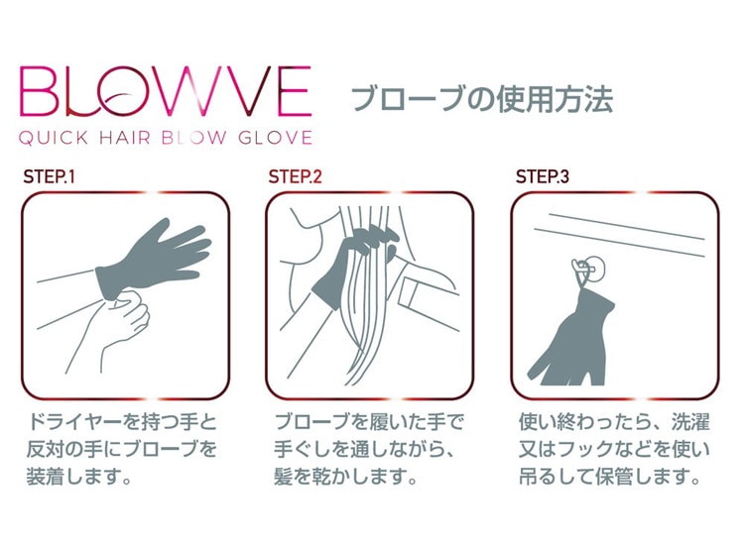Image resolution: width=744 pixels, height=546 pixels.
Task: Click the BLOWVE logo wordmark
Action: coord(166,91)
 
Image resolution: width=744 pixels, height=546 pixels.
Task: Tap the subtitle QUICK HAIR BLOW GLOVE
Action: coord(166,138)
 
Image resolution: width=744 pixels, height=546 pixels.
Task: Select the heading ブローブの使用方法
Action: coord(482,99)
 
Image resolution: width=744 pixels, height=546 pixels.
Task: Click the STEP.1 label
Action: coord(49,176)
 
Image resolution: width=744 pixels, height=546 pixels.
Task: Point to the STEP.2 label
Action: coord(295,176)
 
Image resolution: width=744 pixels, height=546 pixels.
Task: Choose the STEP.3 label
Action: coord(542,176)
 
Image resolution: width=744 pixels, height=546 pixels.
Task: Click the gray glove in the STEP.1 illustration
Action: coord(152,261)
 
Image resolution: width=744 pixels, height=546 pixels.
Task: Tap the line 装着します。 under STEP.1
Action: coord(79,476)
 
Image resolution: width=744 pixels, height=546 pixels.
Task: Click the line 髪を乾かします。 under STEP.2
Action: coord(345,476)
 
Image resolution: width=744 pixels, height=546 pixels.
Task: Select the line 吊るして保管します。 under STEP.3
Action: coord(610,476)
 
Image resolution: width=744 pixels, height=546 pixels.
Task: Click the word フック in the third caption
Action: coord(586,448)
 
